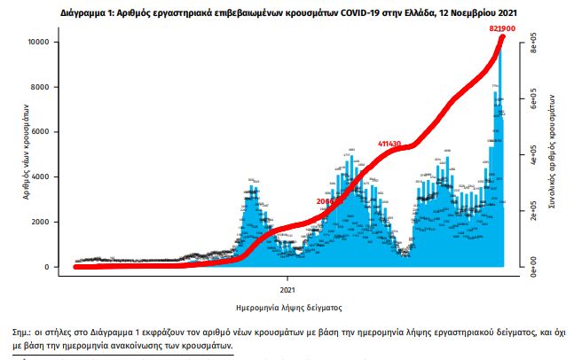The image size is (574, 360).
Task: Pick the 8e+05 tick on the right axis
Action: (532, 48)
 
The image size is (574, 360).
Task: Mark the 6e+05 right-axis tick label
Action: (532, 104)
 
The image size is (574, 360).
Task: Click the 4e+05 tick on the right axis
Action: (532, 160)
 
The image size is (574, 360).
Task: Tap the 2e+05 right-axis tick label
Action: (532, 216)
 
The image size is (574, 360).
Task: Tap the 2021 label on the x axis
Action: (287, 290)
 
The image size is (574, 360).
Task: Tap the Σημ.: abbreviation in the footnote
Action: (16, 331)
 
